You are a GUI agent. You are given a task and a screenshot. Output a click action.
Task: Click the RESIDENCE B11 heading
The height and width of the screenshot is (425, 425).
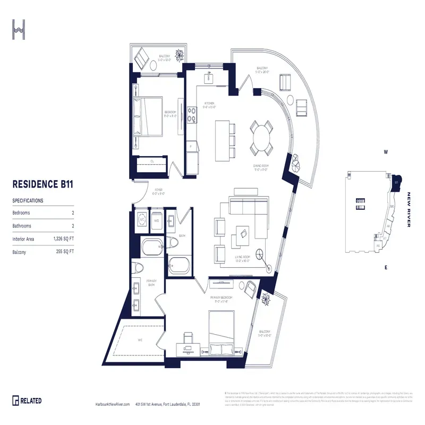click(x=42, y=185)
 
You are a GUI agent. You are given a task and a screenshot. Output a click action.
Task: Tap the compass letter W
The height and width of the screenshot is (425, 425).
click(x=386, y=152)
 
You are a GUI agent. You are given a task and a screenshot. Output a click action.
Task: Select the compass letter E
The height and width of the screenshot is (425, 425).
click(x=386, y=268)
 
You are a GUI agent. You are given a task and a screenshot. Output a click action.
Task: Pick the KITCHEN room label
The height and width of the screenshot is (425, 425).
click(x=209, y=104)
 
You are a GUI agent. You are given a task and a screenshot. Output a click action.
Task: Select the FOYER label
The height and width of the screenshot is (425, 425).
click(x=159, y=190)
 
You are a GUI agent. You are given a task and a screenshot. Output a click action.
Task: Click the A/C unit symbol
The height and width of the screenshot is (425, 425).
click(x=142, y=219)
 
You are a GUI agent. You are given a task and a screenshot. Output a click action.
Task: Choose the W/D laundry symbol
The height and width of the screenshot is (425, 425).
click(x=157, y=219)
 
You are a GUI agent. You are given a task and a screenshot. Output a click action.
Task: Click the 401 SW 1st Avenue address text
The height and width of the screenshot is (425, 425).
click(x=167, y=404)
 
